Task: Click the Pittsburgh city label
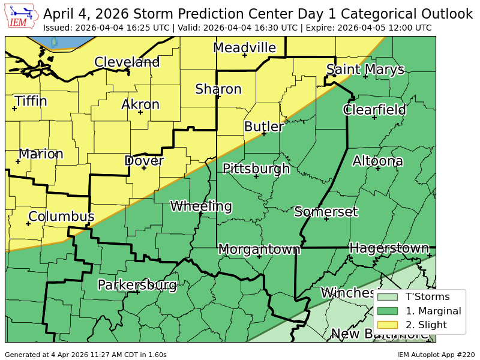click(256, 169)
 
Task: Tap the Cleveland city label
click(127, 62)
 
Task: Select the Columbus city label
click(61, 217)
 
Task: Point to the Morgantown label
click(259, 249)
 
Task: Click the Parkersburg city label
click(137, 284)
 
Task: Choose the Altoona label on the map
click(377, 161)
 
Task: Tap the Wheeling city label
click(201, 206)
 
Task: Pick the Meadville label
click(244, 48)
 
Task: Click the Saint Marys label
click(365, 70)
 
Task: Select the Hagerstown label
click(389, 248)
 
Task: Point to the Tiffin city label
click(31, 101)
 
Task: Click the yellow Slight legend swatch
click(387, 325)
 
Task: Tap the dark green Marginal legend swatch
click(387, 311)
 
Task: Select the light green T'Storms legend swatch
click(387, 296)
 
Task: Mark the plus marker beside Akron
click(140, 112)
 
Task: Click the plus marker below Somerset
click(326, 219)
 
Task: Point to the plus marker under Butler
click(263, 134)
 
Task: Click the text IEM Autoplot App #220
click(435, 355)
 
